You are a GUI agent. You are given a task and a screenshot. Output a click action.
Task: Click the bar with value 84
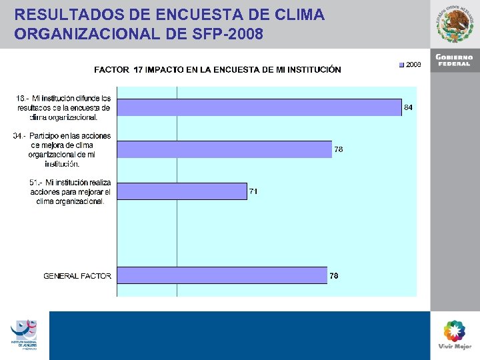pyautogui.click(x=259, y=107)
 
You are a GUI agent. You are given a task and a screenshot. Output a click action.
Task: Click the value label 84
pyautogui.click(x=409, y=107)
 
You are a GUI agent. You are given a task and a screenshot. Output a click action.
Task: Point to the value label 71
pyautogui.click(x=253, y=191)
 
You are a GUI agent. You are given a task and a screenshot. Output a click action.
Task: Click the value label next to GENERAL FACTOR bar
pyautogui.click(x=334, y=276)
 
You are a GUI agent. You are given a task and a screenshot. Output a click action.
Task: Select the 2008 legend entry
pyautogui.click(x=410, y=65)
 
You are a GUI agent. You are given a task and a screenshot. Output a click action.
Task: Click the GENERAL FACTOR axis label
pyautogui.click(x=77, y=275)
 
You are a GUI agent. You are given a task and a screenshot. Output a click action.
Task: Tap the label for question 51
pyautogui.click(x=71, y=192)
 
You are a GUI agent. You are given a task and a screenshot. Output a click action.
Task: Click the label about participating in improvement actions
pyautogui.click(x=63, y=149)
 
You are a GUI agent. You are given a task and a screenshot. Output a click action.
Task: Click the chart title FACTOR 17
pyautogui.click(x=217, y=69)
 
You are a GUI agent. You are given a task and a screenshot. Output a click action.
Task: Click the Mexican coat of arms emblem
pyautogui.click(x=454, y=25)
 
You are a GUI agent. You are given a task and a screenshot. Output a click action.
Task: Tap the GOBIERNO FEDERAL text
pyautogui.click(x=454, y=61)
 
